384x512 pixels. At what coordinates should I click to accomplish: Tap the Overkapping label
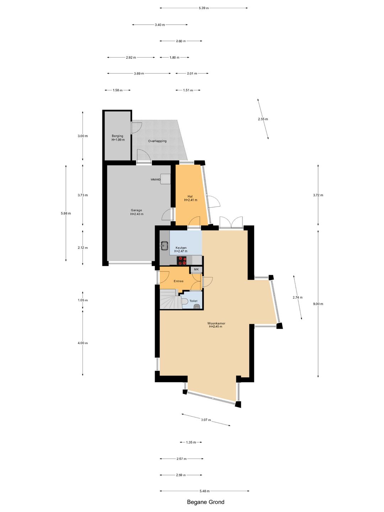coord(158,141)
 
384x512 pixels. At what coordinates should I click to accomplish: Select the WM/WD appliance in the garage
coord(166,179)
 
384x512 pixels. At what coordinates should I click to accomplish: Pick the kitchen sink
coord(165,245)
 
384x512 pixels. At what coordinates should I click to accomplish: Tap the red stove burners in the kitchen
coord(182,261)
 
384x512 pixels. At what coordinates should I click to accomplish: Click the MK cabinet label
coord(196,270)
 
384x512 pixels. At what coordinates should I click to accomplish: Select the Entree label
coord(178,281)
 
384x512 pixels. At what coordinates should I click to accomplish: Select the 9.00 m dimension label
coord(318,304)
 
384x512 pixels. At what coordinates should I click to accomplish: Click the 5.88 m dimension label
coord(66,213)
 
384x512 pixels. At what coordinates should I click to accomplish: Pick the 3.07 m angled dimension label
coord(206,420)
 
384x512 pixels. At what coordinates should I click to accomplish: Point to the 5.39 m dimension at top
coord(204,8)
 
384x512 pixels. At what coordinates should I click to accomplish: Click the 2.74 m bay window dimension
coord(298,297)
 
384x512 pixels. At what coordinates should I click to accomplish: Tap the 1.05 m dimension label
coord(83,300)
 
